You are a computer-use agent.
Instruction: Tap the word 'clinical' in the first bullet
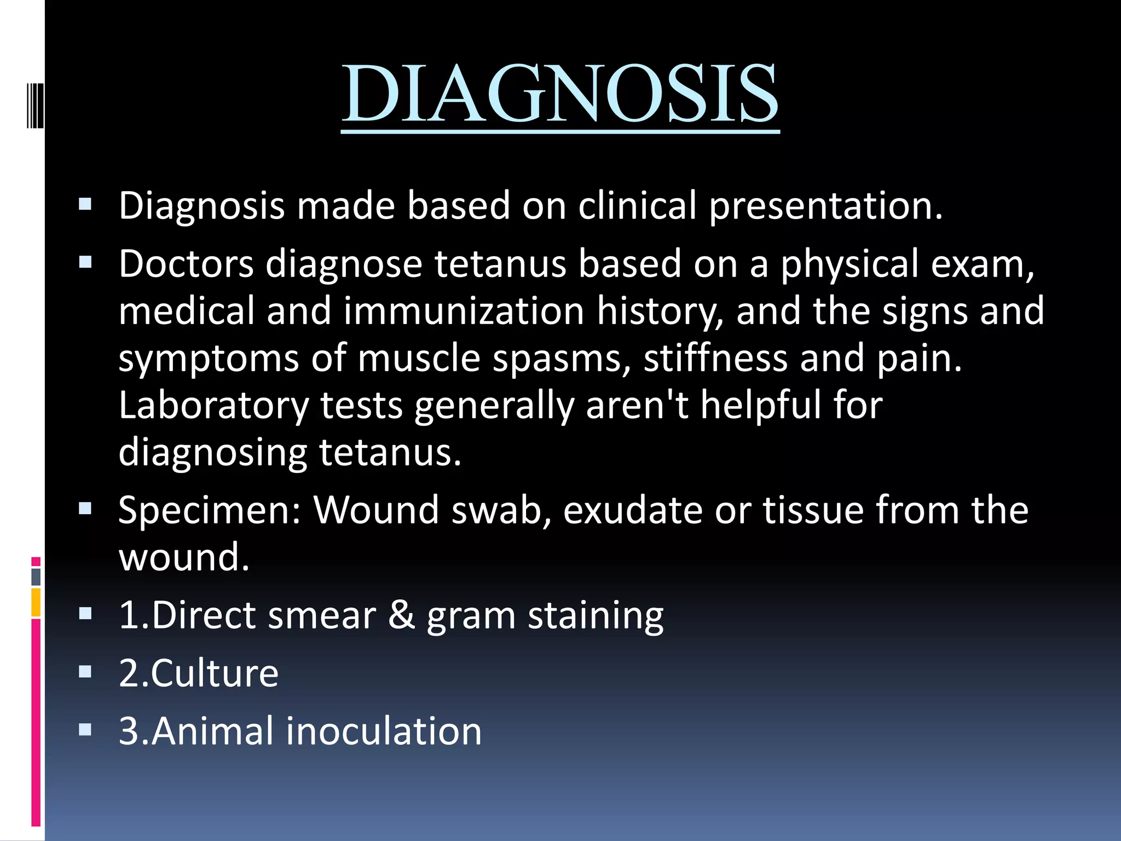[x=637, y=206]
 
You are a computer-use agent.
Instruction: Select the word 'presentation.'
[x=826, y=206]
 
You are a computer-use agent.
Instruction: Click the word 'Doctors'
[x=186, y=264]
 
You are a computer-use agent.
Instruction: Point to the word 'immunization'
[x=464, y=311]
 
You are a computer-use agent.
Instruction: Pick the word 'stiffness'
[x=715, y=358]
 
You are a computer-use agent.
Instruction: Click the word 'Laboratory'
[x=214, y=405]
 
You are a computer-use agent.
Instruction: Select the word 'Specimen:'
[x=210, y=510]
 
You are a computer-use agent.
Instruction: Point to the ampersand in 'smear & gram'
[x=401, y=615]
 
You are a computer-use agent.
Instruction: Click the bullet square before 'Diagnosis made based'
[x=85, y=205]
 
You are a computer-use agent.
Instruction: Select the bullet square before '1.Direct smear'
[x=85, y=613]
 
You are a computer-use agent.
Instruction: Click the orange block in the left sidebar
[x=36, y=602]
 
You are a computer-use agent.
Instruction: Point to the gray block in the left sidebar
[x=36, y=577]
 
